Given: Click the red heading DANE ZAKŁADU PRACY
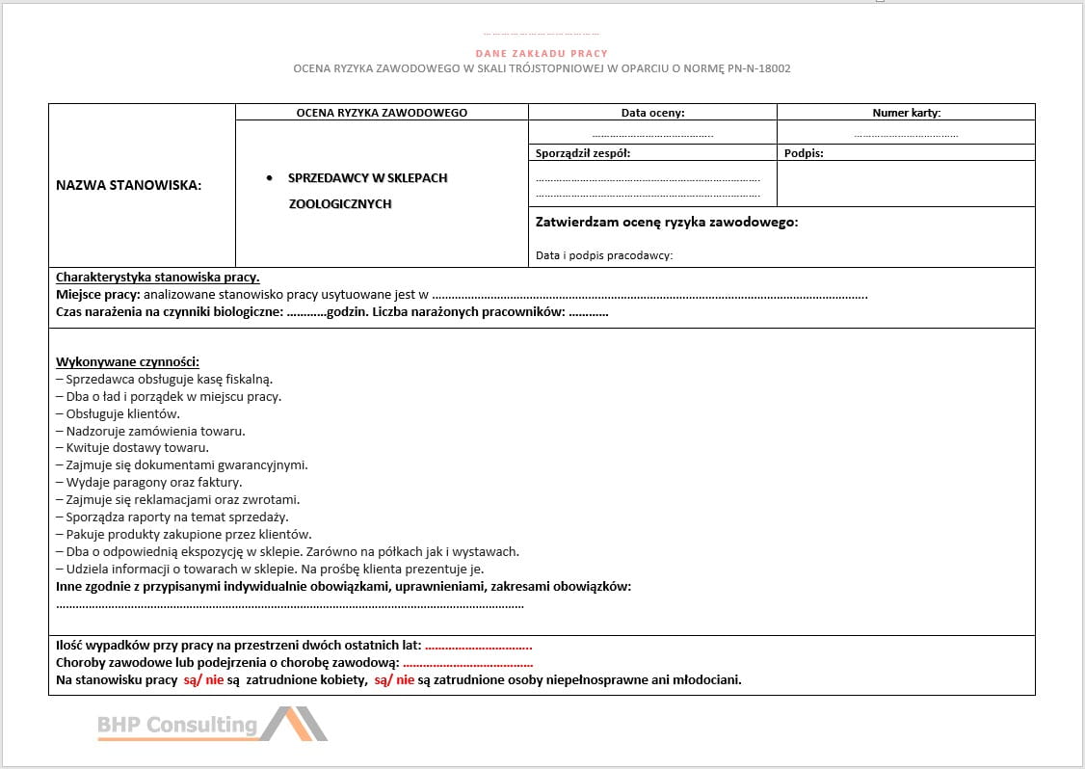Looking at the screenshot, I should tap(542, 54).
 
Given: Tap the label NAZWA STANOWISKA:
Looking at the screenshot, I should tap(129, 186).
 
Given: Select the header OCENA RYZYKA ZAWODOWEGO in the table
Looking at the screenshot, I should tap(382, 113).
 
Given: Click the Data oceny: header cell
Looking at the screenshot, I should tap(652, 113).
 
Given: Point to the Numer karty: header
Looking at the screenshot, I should tap(906, 113).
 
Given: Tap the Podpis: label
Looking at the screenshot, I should tap(804, 152).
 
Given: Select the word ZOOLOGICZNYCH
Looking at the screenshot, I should tap(340, 204).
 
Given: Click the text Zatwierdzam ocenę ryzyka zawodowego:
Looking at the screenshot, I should tap(666, 223).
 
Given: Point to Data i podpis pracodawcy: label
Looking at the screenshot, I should tap(603, 255).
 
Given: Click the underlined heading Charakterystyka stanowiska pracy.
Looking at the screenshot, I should tap(157, 278).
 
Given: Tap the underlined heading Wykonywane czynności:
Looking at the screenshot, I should tap(127, 361).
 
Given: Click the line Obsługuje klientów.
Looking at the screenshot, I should tap(122, 413).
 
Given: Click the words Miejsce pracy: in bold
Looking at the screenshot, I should tap(97, 295).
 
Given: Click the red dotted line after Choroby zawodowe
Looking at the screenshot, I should tap(467, 663).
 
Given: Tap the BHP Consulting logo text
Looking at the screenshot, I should tap(177, 725).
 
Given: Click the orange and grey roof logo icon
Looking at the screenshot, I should tap(294, 724).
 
